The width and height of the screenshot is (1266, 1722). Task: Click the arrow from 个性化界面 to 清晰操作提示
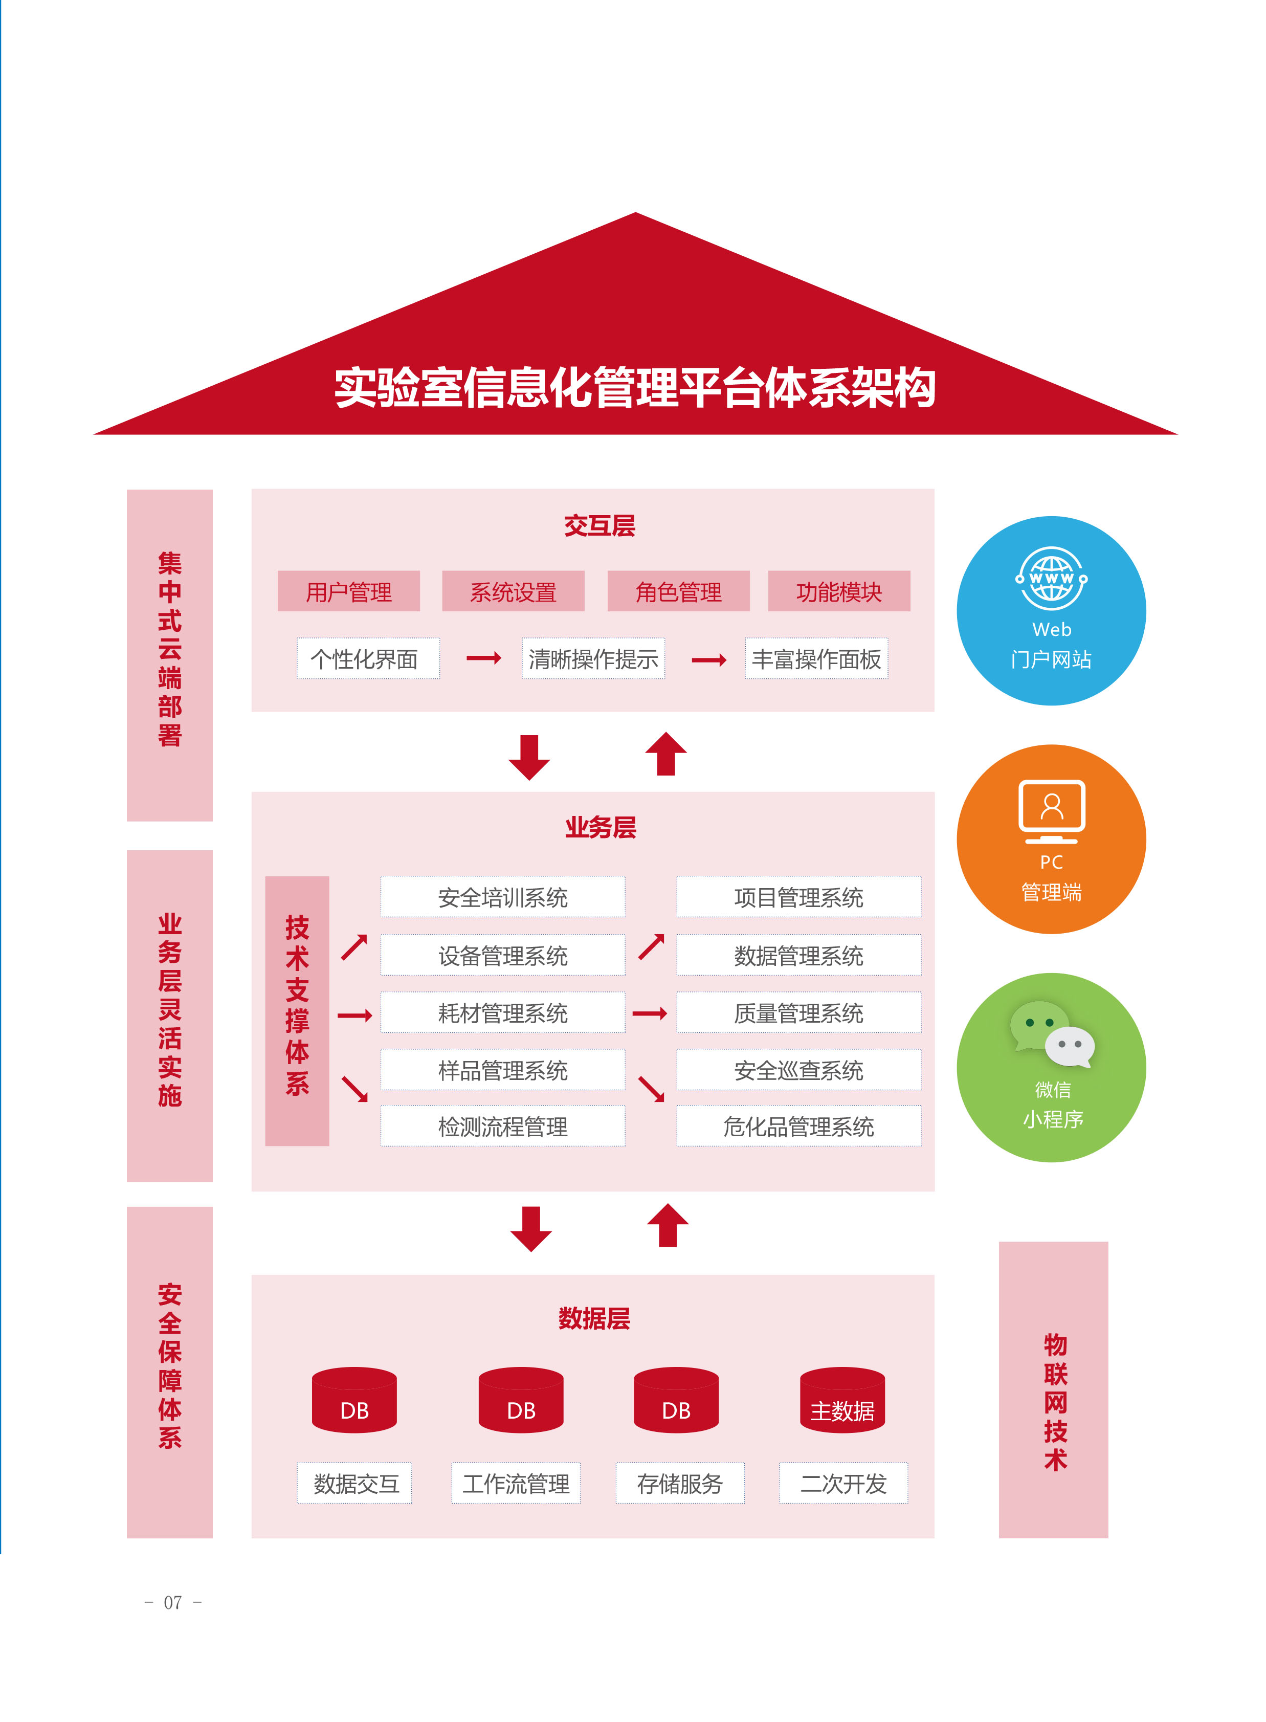click(483, 657)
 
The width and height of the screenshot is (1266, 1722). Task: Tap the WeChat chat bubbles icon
click(1052, 1034)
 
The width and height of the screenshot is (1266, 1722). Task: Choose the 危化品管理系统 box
click(798, 1126)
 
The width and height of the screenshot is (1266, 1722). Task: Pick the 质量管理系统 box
click(798, 1012)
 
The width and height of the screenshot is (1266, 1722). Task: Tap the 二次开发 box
click(843, 1483)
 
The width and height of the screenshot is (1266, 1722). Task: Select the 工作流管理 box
click(515, 1483)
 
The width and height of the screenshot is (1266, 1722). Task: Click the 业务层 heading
click(600, 827)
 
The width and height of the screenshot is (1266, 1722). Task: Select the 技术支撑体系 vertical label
click(297, 1010)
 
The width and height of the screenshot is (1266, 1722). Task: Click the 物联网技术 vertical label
click(1053, 1388)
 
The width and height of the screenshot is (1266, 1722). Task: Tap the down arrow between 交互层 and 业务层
click(529, 757)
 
